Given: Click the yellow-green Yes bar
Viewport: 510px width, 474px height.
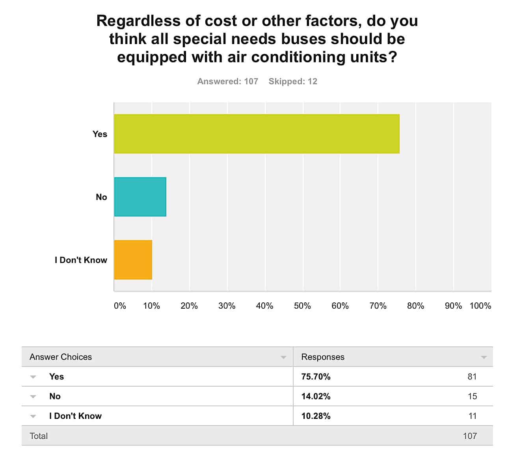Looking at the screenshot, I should (x=257, y=134).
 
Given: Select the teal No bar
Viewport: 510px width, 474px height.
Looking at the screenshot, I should (x=140, y=197).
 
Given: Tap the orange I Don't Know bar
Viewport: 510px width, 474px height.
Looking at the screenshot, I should (x=133, y=260).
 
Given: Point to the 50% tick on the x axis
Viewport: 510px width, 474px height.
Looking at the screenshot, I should (x=302, y=306).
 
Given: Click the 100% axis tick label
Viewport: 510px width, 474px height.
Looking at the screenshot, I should (x=480, y=306).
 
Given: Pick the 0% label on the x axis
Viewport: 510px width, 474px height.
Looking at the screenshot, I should (x=120, y=306).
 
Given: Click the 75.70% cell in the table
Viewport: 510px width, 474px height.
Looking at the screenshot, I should (x=316, y=377).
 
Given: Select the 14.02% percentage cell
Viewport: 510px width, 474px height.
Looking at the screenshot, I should (x=316, y=396).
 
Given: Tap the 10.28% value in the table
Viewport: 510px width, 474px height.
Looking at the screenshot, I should (x=316, y=416).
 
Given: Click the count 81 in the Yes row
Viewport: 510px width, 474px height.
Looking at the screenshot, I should (x=472, y=377).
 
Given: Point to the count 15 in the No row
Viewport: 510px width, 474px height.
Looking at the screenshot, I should (x=472, y=396).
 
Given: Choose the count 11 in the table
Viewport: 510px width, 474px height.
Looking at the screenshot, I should (x=472, y=416).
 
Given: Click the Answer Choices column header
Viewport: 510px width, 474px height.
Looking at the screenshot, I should (x=61, y=357).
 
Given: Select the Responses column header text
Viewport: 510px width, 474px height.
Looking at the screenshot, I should (x=323, y=357).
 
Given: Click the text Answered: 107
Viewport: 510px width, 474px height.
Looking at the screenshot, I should (x=227, y=81).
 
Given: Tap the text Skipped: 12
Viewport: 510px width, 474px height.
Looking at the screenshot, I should (x=293, y=81).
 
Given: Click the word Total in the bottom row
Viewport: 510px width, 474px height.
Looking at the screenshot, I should (x=39, y=436).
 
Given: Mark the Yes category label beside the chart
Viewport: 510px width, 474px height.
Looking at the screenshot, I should (x=100, y=134).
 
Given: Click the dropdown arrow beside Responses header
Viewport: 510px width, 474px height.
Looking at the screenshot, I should (x=484, y=357).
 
